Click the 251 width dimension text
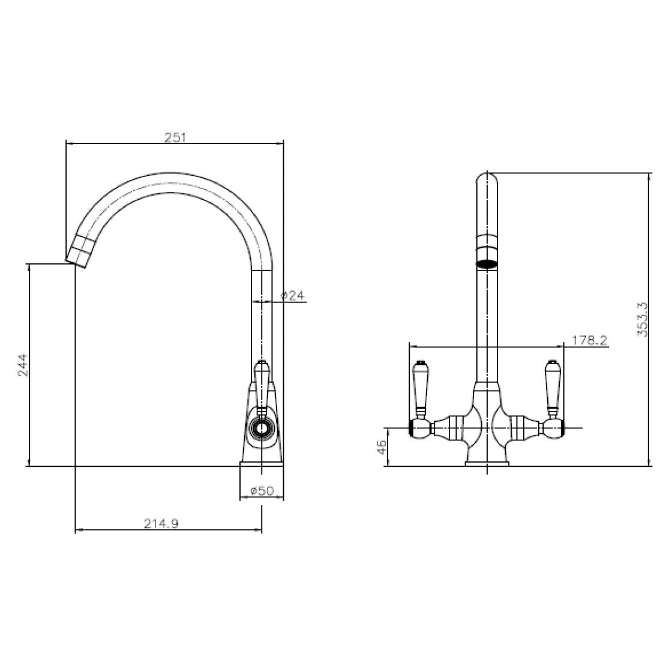(176, 137)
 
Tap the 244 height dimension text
(22, 365)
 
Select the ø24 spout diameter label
(293, 295)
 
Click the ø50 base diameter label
(261, 491)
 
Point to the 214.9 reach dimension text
(161, 523)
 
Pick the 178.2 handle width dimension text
(589, 340)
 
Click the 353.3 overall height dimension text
(642, 319)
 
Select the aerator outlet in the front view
(487, 262)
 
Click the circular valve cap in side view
(262, 428)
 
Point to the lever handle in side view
(262, 384)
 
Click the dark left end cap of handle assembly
(412, 428)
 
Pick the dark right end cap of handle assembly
(560, 428)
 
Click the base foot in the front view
(487, 462)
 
